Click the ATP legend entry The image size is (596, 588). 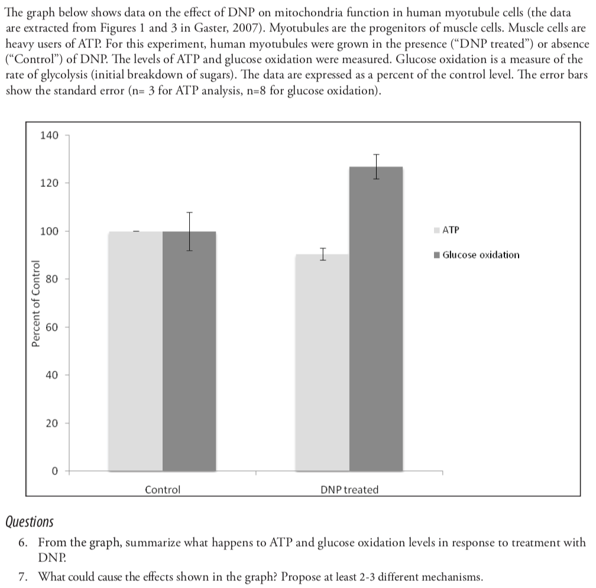[x=451, y=230]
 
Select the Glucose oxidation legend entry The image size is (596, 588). [x=481, y=255]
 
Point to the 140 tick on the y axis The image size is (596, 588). [x=49, y=135]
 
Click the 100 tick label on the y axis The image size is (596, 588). [x=49, y=231]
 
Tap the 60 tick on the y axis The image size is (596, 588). [x=52, y=327]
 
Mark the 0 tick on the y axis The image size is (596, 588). [x=54, y=471]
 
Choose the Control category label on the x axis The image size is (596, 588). [x=163, y=490]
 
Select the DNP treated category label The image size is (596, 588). [x=349, y=490]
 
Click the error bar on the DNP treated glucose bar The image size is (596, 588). [x=376, y=166]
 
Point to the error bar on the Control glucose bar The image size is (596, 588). [x=189, y=231]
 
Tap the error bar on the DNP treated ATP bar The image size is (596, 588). [x=323, y=254]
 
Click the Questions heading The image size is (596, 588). [x=29, y=522]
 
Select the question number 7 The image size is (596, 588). [x=23, y=577]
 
